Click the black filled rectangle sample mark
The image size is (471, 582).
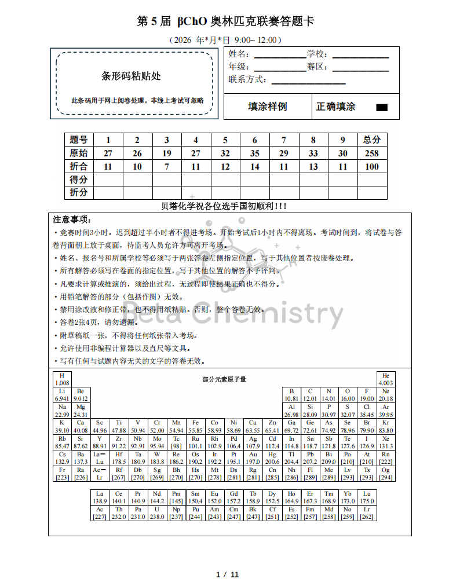tap(382, 107)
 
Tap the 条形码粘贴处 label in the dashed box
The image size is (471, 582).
tap(131, 76)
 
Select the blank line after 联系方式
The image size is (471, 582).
tap(312, 80)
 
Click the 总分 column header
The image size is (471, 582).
tap(372, 140)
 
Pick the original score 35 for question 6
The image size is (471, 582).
tap(255, 153)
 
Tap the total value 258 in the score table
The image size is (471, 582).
tap(372, 153)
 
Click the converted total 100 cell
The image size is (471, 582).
tap(372, 167)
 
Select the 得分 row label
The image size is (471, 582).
tap(79, 180)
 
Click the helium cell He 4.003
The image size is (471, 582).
tap(386, 379)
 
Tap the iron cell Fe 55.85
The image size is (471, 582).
tap(195, 426)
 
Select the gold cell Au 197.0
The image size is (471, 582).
tap(253, 457)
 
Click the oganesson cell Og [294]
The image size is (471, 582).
tap(386, 473)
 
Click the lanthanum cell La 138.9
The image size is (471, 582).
tap(100, 497)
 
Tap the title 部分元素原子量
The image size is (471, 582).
tap(224, 379)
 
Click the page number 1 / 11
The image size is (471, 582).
tap(227, 574)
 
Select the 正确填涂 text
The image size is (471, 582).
tap(336, 107)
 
